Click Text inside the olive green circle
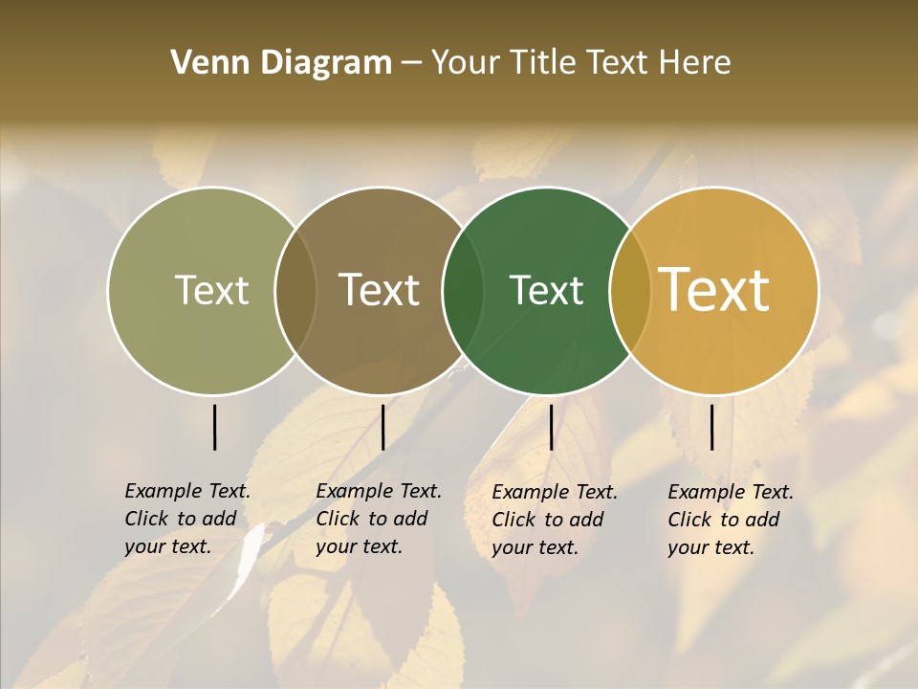pos(211,291)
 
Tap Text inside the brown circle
pos(379,291)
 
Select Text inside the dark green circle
pos(546,291)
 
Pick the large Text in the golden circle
pos(713,289)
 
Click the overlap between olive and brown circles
pos(295,291)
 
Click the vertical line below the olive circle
pos(214,427)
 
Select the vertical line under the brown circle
pos(382,427)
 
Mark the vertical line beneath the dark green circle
pos(551,427)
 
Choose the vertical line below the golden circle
pos(711,427)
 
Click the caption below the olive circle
pos(187,519)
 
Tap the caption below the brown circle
pos(379,519)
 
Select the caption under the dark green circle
pos(555,520)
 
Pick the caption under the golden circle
pos(731,520)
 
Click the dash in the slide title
pos(411,63)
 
